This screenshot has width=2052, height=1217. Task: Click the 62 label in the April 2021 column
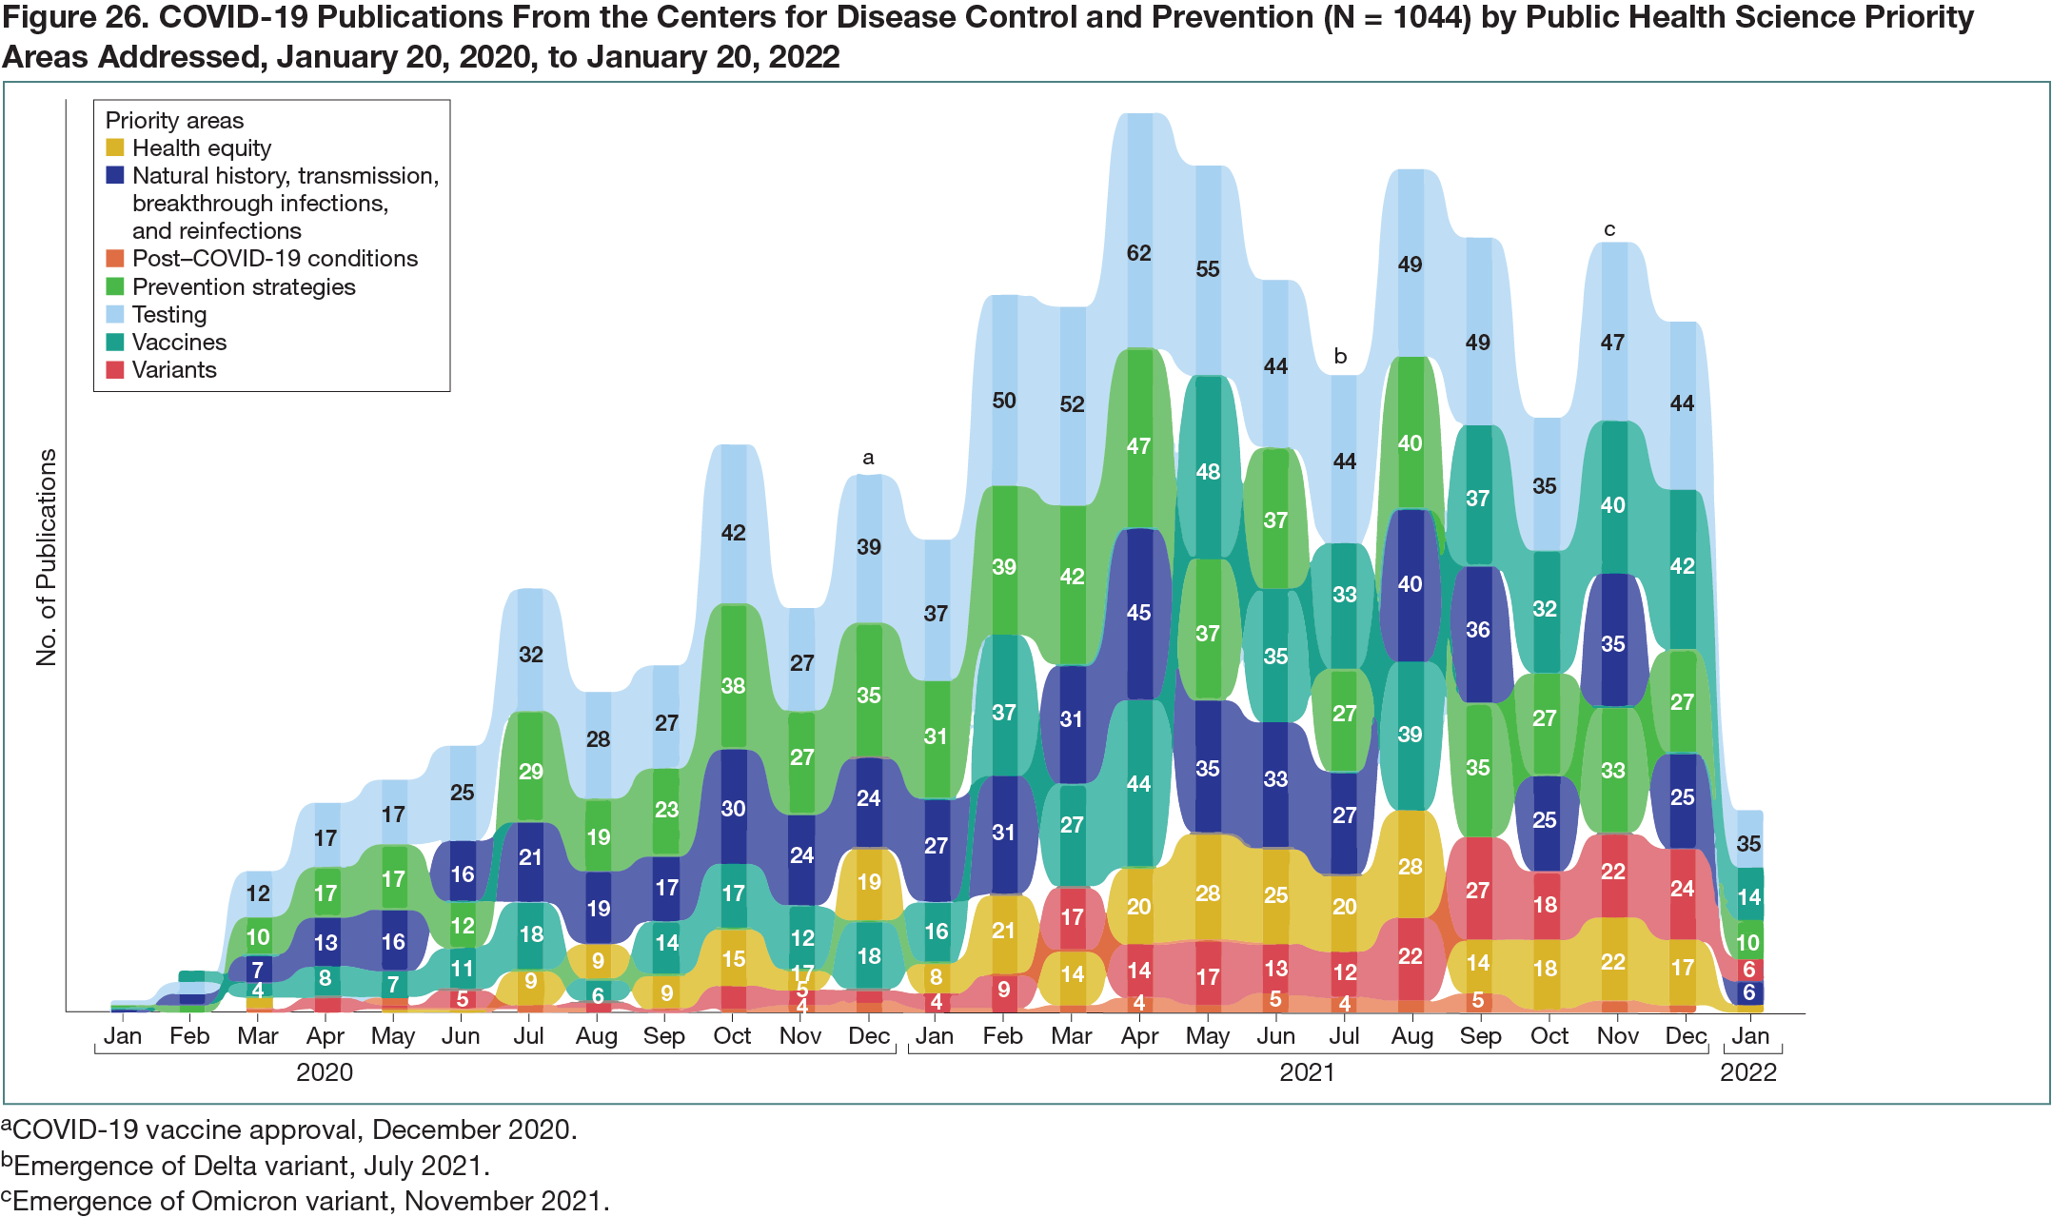pyautogui.click(x=1138, y=253)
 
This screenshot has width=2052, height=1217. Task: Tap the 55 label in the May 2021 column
pyautogui.click(x=1207, y=269)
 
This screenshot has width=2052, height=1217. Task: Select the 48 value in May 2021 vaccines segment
pyautogui.click(x=1207, y=472)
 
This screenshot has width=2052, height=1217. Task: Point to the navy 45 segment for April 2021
pyautogui.click(x=1138, y=613)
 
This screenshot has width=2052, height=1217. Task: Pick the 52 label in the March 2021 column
pyautogui.click(x=1072, y=404)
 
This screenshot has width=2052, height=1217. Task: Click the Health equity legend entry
pyautogui.click(x=201, y=148)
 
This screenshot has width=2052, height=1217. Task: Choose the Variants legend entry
pyautogui.click(x=174, y=370)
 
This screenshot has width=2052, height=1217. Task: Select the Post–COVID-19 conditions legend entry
pyautogui.click(x=274, y=259)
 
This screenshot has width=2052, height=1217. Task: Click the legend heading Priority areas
pyautogui.click(x=174, y=121)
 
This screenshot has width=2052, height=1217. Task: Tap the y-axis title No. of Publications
pyautogui.click(x=46, y=557)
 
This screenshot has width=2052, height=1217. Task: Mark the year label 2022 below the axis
pyautogui.click(x=1747, y=1072)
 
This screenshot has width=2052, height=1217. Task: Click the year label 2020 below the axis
pyautogui.click(x=325, y=1072)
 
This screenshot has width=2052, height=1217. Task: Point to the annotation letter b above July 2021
pyautogui.click(x=1340, y=357)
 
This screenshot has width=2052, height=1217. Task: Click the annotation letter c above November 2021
pyautogui.click(x=1609, y=229)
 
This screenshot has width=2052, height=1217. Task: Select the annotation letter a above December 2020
pyautogui.click(x=868, y=458)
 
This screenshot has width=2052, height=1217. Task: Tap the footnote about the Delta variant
pyautogui.click(x=246, y=1165)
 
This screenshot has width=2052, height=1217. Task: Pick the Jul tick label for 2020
pyautogui.click(x=528, y=1036)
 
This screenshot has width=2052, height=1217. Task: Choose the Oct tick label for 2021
pyautogui.click(x=1549, y=1036)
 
